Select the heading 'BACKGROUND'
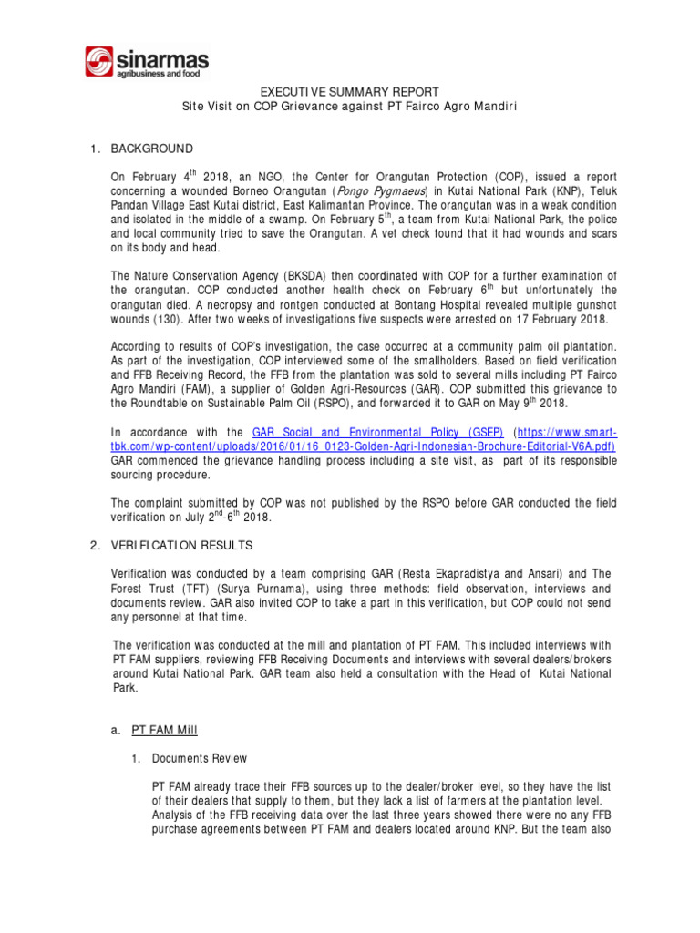tap(151, 149)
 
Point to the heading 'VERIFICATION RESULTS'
tap(181, 545)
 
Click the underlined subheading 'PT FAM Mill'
tap(164, 730)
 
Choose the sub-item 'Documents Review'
tap(199, 758)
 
